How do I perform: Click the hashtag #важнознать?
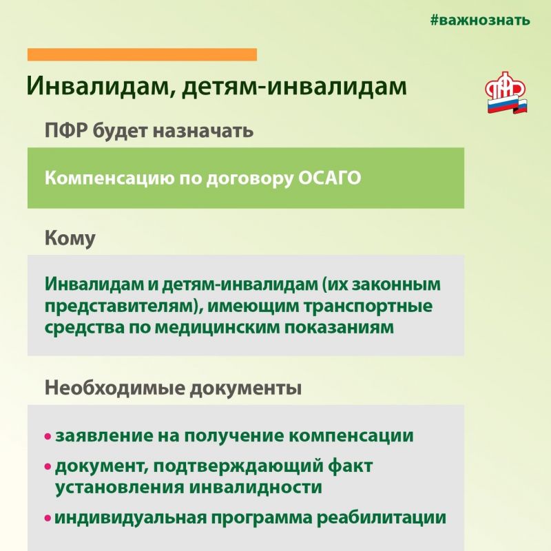click(480, 21)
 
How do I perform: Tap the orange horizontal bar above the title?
click(142, 54)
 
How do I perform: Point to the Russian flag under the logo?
click(507, 105)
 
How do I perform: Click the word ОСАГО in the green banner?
click(330, 178)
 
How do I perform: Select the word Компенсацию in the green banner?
click(110, 178)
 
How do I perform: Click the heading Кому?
click(70, 238)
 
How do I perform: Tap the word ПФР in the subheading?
click(66, 131)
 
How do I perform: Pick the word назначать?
click(202, 131)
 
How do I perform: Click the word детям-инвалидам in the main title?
click(294, 85)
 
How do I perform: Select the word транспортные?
click(368, 306)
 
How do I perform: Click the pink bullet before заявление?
click(48, 437)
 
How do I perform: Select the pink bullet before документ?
click(48, 467)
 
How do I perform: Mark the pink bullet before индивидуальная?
click(48, 518)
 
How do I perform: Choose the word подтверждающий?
click(238, 466)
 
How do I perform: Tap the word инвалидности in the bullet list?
click(256, 488)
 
